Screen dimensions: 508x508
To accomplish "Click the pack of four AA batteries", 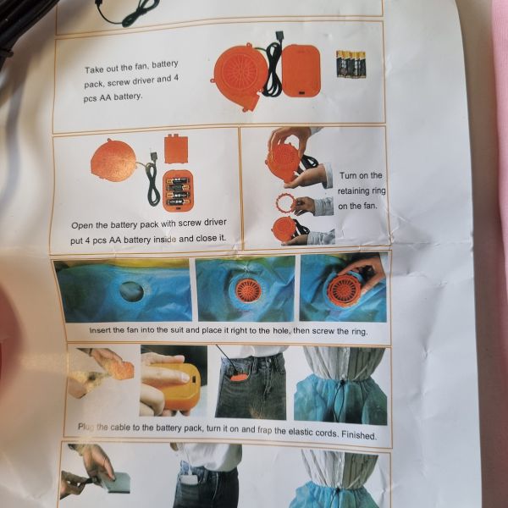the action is [351, 64].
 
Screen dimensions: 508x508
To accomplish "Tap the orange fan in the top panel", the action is [240, 76].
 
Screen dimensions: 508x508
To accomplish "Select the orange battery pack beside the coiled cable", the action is [301, 70].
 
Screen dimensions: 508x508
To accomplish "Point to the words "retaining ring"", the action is [362, 190].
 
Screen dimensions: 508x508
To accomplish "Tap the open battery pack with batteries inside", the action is [178, 191].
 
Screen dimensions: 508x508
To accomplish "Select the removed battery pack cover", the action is [176, 149].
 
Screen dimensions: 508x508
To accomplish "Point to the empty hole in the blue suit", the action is [131, 291].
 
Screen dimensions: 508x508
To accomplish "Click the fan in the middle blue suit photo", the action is [248, 290].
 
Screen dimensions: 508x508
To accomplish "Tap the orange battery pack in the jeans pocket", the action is [238, 378].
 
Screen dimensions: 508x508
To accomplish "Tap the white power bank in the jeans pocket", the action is [189, 479].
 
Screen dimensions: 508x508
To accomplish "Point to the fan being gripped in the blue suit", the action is [344, 290].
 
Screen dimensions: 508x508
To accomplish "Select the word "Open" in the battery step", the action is [80, 225].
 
